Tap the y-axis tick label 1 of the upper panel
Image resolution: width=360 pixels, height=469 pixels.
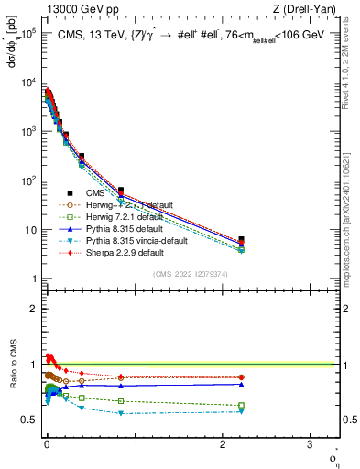[32, 278]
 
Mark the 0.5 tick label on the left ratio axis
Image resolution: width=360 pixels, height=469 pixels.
[27, 420]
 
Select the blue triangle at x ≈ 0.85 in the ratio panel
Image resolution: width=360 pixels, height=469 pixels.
[121, 386]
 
